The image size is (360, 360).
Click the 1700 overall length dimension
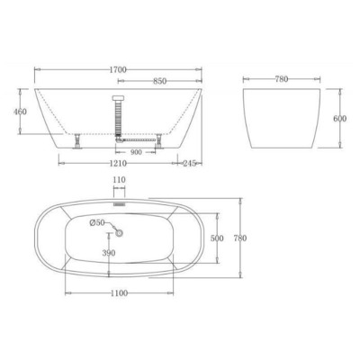tap(117, 67)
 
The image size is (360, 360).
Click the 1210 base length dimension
tap(117, 166)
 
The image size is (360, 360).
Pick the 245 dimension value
tap(188, 166)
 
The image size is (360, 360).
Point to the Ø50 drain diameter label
tap(98, 223)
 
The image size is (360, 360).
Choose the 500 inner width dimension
tap(217, 239)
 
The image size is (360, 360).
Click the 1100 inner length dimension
tap(118, 293)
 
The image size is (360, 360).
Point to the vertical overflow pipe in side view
tap(117, 117)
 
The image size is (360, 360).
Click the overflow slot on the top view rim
tap(119, 204)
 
